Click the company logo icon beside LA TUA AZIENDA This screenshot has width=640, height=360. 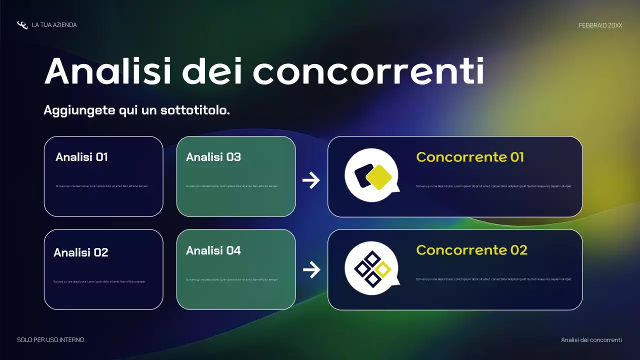coord(22,25)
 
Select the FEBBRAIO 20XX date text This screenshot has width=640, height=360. coord(600,25)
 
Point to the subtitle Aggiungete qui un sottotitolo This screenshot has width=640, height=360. coord(136,110)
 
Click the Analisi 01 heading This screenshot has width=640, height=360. coord(81,157)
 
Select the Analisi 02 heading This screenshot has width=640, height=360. coord(80,252)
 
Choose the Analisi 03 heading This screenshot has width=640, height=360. coord(213,157)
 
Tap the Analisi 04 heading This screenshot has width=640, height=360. coord(213,250)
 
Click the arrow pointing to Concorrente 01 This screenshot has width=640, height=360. coord(311,180)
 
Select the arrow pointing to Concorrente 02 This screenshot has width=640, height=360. coord(311,270)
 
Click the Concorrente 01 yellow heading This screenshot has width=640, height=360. coord(470,157)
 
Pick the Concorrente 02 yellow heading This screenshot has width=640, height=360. coord(471,250)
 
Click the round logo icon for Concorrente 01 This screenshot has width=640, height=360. coord(371,175)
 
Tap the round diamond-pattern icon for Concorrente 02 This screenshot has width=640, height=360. coord(371,268)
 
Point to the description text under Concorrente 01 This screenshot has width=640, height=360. coord(493,186)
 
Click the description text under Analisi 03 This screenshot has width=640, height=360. coord(231,186)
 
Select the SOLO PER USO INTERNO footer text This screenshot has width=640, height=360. coord(50,340)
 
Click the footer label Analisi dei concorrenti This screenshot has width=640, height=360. coord(591,340)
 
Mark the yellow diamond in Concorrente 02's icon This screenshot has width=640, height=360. coord(383,269)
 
